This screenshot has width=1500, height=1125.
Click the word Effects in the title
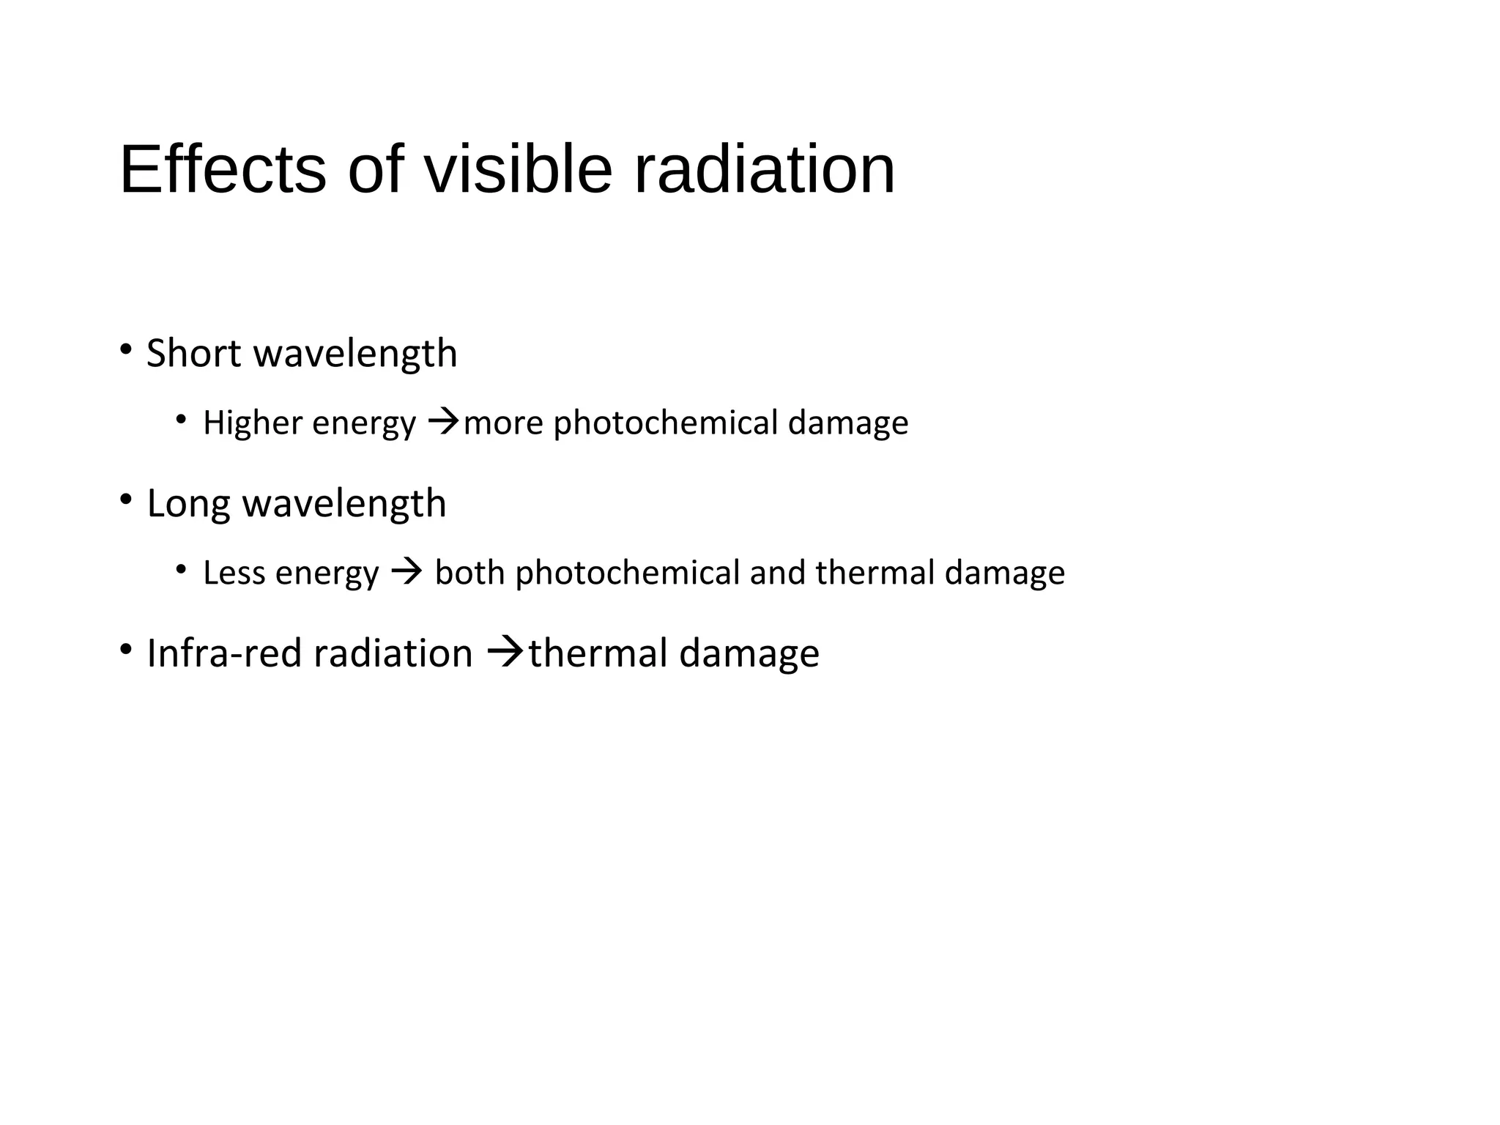pyautogui.click(x=223, y=170)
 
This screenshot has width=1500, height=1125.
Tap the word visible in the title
pyautogui.click(x=518, y=170)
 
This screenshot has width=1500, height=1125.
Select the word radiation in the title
pyautogui.click(x=764, y=170)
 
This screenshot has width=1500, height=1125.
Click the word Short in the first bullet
pyautogui.click(x=193, y=353)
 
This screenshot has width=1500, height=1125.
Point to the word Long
pyautogui.click(x=188, y=504)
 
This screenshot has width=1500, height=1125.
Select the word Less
pyautogui.click(x=234, y=573)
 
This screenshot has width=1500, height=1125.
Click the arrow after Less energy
pyautogui.click(x=406, y=571)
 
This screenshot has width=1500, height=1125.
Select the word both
pyautogui.click(x=469, y=573)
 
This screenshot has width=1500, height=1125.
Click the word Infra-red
pyautogui.click(x=226, y=653)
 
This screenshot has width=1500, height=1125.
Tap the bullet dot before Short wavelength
pyautogui.click(x=126, y=349)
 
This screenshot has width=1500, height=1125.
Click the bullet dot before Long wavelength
pyautogui.click(x=126, y=500)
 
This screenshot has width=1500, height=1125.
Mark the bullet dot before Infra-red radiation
pyautogui.click(x=126, y=649)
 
